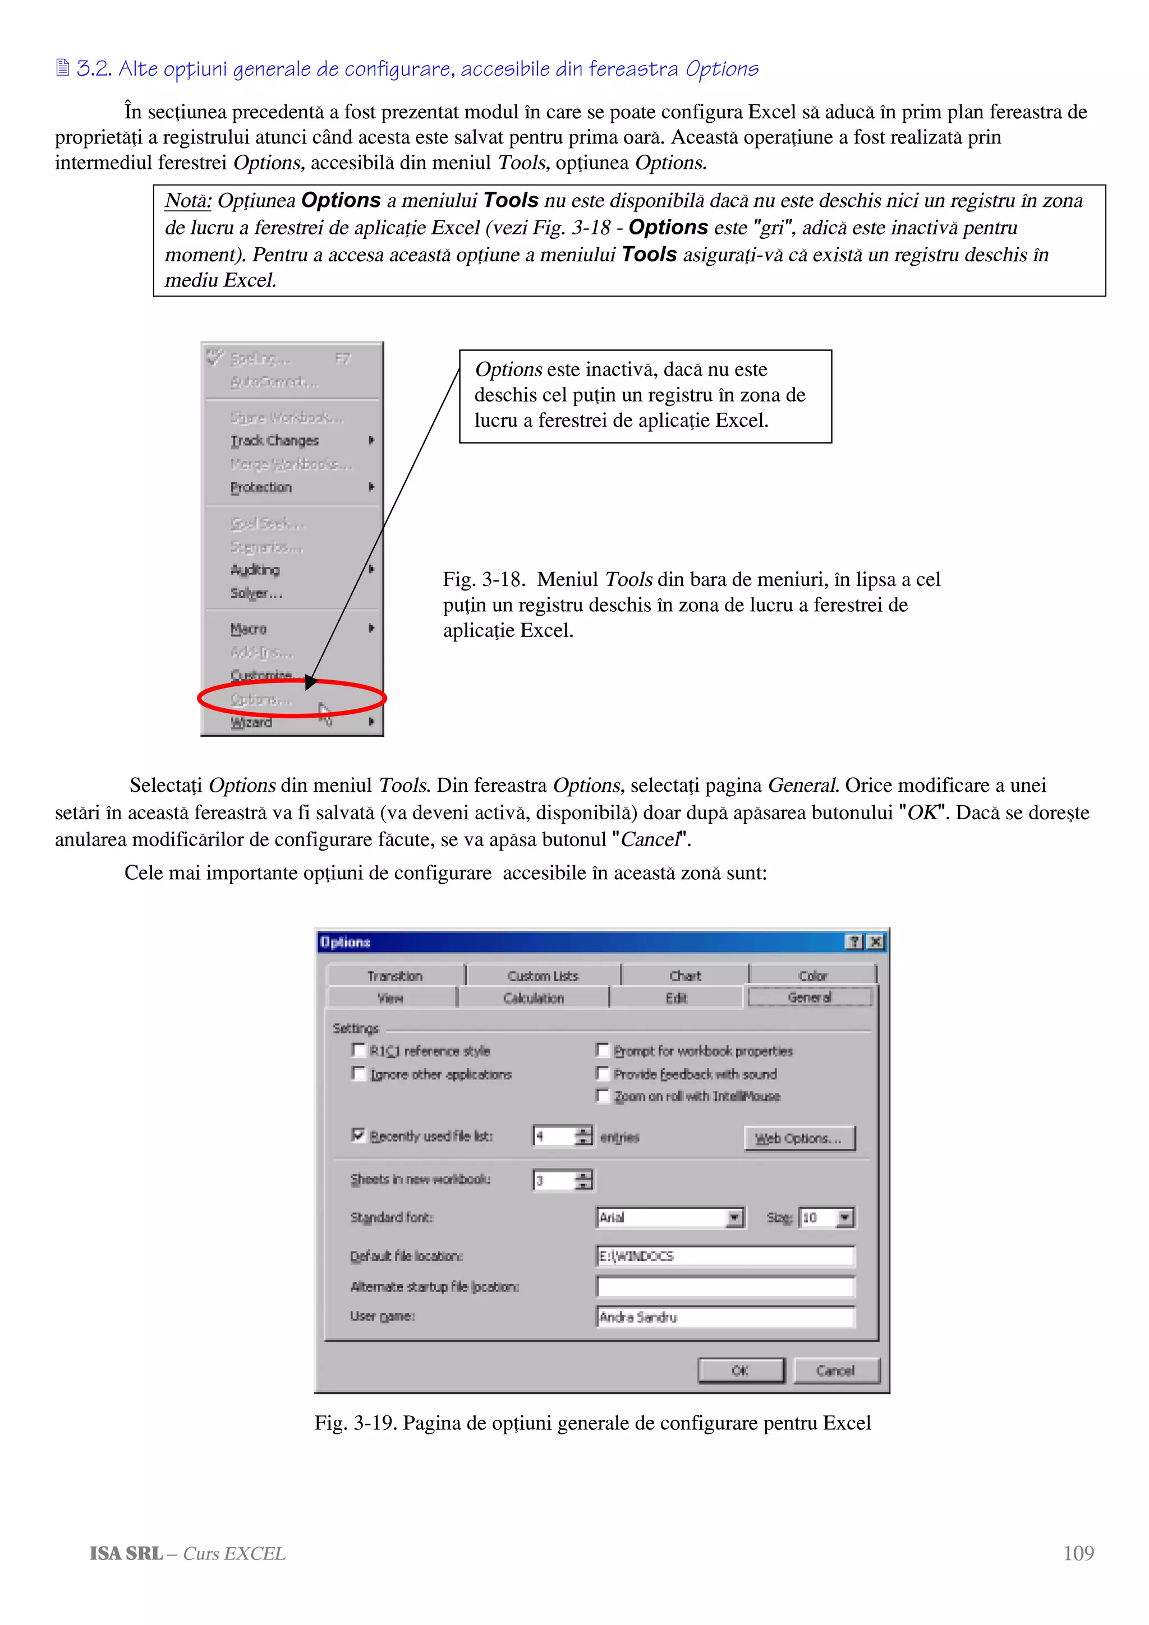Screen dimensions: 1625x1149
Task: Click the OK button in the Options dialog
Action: (x=741, y=1370)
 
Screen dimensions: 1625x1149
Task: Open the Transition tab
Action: (x=394, y=976)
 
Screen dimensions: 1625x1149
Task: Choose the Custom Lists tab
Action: (x=543, y=976)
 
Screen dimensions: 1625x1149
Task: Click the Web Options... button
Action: (x=799, y=1138)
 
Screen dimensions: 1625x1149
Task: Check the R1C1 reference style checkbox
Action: (x=359, y=1050)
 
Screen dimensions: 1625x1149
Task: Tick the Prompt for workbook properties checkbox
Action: (x=603, y=1050)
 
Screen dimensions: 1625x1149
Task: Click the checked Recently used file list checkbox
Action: (x=359, y=1135)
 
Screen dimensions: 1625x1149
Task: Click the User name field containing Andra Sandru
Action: (x=725, y=1317)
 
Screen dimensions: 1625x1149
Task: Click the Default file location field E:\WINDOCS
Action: (x=725, y=1256)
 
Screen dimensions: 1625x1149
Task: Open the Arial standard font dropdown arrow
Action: (x=735, y=1217)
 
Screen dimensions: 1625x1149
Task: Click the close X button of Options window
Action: (x=876, y=942)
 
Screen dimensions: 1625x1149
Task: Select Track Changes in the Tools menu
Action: (x=275, y=440)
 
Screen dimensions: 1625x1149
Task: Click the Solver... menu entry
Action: (x=256, y=593)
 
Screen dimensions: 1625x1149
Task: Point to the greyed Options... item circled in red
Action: (x=260, y=699)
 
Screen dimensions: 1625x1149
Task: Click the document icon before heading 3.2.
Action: (x=62, y=68)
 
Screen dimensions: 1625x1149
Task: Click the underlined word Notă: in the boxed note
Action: (x=187, y=201)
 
